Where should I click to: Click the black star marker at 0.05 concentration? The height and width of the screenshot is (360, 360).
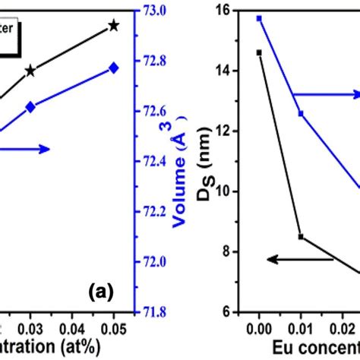click(114, 26)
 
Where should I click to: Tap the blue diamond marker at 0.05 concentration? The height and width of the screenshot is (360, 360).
click(114, 68)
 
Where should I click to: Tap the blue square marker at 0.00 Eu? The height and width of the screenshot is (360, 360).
click(259, 18)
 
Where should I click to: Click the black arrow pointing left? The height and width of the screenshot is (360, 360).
click(300, 260)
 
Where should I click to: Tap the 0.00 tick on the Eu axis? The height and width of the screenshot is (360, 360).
click(259, 327)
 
